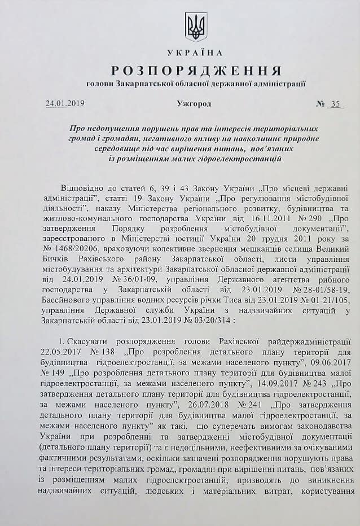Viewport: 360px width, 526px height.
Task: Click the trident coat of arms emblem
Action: [x=196, y=27]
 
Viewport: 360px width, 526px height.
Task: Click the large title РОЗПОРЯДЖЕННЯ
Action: [x=196, y=71]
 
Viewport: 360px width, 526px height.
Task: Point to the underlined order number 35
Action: [x=337, y=104]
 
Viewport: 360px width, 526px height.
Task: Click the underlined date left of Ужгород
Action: [x=65, y=104]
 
